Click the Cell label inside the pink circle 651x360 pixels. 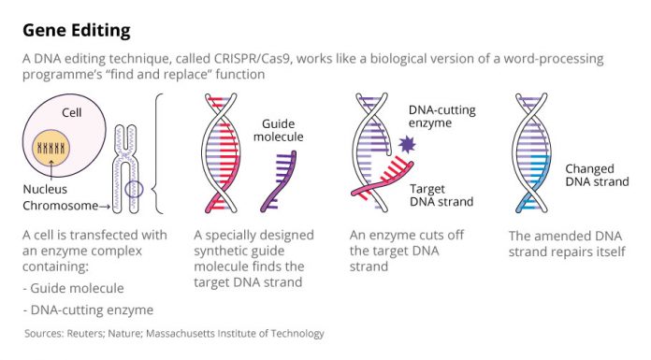point(73,112)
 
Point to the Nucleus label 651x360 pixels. point(46,189)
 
